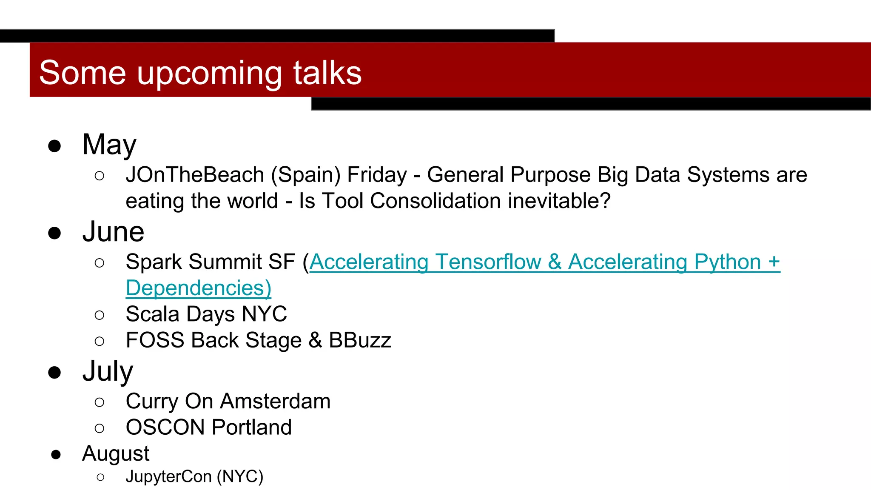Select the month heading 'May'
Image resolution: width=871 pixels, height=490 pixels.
109,145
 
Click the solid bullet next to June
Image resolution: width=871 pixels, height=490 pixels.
54,233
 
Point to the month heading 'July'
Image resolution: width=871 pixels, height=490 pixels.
108,372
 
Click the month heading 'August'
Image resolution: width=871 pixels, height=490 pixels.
116,454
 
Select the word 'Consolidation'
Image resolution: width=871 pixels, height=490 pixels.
435,201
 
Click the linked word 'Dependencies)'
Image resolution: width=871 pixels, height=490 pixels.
198,288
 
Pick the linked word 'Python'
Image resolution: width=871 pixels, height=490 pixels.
727,262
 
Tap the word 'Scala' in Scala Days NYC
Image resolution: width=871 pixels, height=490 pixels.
153,314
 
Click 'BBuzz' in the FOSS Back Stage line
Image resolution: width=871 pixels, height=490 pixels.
360,340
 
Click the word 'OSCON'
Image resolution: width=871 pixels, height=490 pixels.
165,427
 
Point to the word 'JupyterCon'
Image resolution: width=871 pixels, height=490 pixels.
168,477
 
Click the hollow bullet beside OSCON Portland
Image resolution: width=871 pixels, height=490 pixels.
100,428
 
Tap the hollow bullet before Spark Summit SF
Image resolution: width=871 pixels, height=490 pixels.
100,263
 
